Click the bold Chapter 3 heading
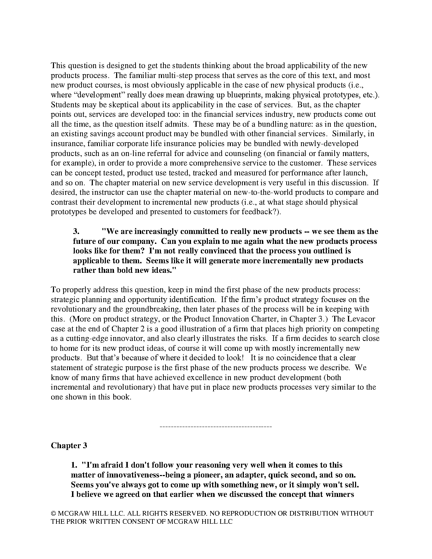click(69, 445)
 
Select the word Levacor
click(364, 319)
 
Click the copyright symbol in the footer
click(54, 513)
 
